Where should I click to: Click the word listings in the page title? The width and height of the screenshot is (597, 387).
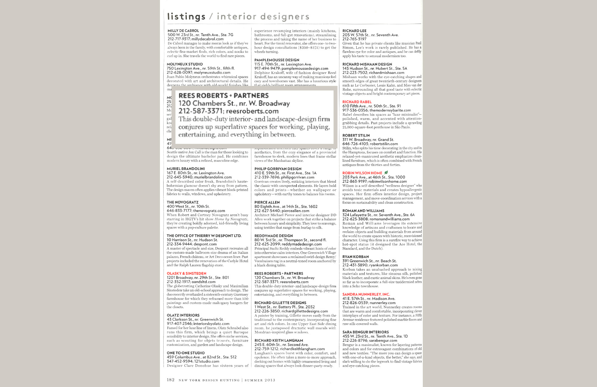tap(186, 16)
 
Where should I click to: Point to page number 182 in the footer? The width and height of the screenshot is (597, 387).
tap(171, 380)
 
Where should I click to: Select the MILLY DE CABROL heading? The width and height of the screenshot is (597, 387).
tap(183, 31)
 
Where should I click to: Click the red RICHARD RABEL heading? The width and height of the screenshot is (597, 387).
tap(357, 102)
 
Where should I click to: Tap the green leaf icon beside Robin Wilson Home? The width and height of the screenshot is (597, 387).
tap(386, 173)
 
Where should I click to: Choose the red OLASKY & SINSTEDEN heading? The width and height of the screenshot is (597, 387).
tap(186, 273)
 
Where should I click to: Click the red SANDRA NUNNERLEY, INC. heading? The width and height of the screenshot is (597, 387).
tap(366, 294)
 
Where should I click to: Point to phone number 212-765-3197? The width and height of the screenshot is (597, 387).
tap(354, 39)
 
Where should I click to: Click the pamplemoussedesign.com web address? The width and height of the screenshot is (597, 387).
tap(305, 69)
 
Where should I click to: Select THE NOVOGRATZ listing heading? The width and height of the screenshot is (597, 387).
tap(182, 202)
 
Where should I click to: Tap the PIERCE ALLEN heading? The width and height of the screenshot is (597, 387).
tap(267, 202)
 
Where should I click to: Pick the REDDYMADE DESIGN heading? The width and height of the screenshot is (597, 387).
tap(273, 236)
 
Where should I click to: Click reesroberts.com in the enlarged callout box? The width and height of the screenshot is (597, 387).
tap(252, 111)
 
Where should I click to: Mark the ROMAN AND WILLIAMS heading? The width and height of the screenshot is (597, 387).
tap(363, 211)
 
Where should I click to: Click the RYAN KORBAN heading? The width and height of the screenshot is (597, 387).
tap(356, 257)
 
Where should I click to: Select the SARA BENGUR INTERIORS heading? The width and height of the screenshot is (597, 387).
tap(365, 332)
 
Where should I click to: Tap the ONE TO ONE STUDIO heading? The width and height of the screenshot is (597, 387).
tap(186, 353)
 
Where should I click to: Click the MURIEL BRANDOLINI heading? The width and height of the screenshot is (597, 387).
tap(186, 169)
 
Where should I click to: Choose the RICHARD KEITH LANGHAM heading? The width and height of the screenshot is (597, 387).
tap(279, 341)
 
